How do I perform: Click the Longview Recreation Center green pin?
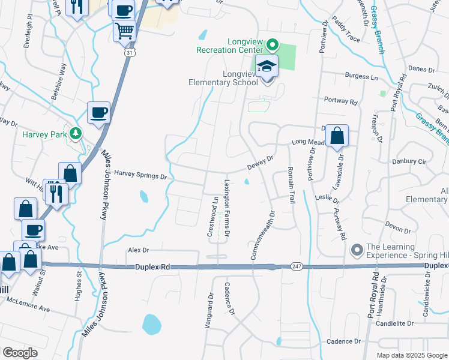point(272,44)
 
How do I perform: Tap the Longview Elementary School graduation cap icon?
point(267,67)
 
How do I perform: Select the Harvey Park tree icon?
point(76,133)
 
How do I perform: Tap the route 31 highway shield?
point(130,53)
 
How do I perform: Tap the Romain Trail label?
point(292,185)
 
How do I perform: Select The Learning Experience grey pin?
point(357,248)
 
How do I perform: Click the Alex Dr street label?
point(137,249)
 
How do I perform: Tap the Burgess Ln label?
point(361,77)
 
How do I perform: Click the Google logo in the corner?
point(20,353)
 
